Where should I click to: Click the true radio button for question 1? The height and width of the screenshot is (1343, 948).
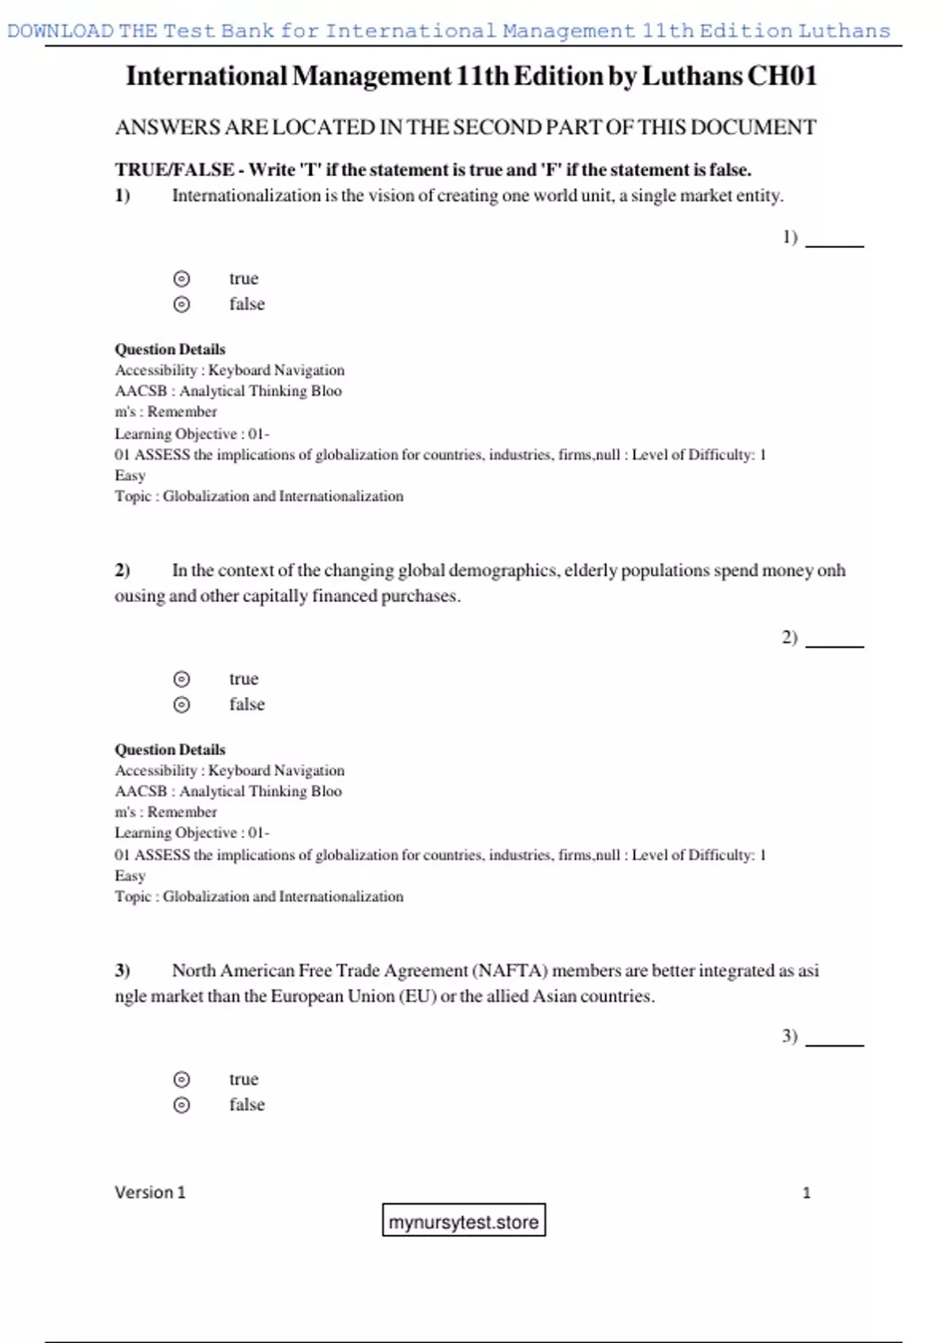click(x=182, y=279)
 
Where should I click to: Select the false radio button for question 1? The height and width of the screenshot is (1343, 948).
click(x=182, y=304)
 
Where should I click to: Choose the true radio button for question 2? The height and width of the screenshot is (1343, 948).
click(x=182, y=679)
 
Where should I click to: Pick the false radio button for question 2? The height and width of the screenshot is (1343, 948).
click(x=182, y=705)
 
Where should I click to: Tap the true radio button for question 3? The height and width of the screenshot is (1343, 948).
click(x=182, y=1079)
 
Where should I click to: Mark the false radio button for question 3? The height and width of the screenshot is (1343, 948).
click(x=182, y=1104)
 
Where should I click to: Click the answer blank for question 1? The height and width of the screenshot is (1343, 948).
click(x=834, y=240)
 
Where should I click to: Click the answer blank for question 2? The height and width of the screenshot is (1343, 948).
click(x=834, y=641)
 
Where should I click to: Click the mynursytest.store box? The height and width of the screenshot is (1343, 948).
click(x=464, y=1221)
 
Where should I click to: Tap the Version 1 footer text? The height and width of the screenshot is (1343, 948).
click(x=150, y=1192)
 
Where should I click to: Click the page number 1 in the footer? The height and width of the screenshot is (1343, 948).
click(x=807, y=1193)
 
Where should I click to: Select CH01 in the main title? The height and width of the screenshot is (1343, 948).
click(x=782, y=76)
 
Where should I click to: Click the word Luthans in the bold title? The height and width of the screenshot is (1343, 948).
click(x=692, y=76)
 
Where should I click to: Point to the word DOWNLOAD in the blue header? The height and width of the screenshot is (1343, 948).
click(x=60, y=31)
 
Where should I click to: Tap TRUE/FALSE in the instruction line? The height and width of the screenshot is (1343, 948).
click(x=174, y=170)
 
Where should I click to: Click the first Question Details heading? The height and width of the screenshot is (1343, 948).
click(x=170, y=349)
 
